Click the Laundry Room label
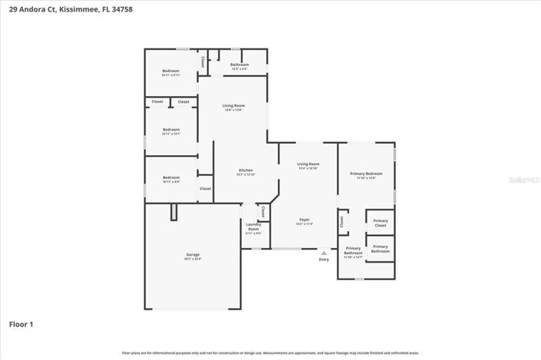(x=253, y=229)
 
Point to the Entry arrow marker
(x=324, y=252)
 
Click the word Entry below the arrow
(x=324, y=259)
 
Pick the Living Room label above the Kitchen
(x=233, y=107)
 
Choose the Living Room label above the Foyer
(x=308, y=165)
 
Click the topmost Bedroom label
(x=170, y=72)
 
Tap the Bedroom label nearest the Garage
(x=170, y=179)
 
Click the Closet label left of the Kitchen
(x=206, y=189)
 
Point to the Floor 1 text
(x=21, y=325)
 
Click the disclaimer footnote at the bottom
(x=270, y=353)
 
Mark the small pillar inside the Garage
(x=174, y=212)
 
